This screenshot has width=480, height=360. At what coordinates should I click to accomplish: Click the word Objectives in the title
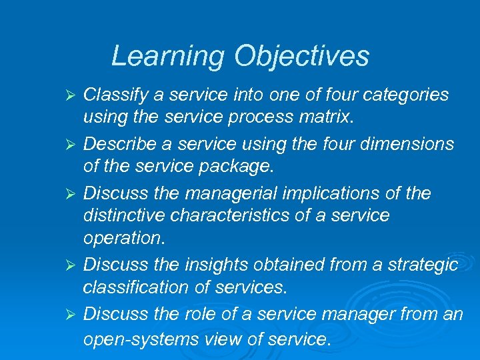click(301, 56)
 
